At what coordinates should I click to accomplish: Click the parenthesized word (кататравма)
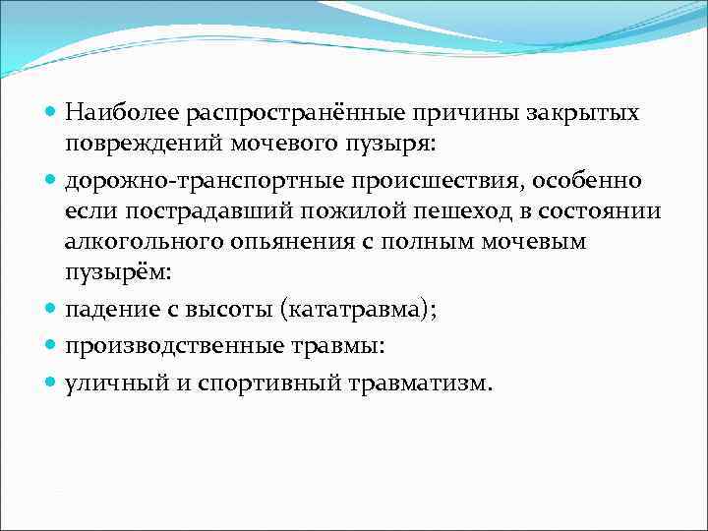(358, 311)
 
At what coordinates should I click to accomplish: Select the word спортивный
(265, 382)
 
